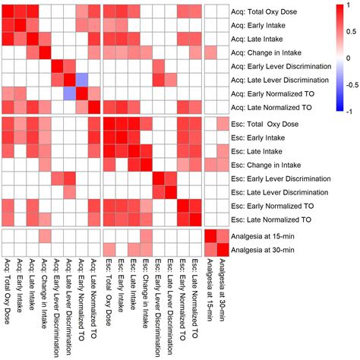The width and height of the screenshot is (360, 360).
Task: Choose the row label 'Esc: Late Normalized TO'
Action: (x=273, y=219)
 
